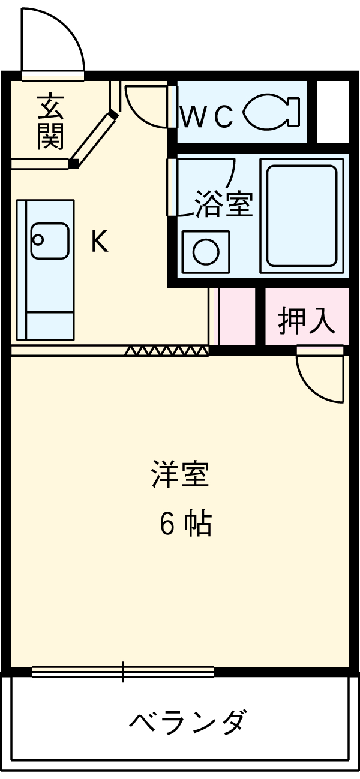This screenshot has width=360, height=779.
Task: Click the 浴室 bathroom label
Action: click(223, 204)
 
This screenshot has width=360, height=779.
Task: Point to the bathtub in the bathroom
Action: click(302, 215)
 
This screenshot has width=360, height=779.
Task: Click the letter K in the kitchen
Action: click(99, 242)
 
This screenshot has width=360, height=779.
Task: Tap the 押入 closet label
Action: click(306, 321)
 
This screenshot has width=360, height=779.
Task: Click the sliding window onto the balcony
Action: click(123, 672)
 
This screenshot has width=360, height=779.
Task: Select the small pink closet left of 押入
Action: click(236, 316)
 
